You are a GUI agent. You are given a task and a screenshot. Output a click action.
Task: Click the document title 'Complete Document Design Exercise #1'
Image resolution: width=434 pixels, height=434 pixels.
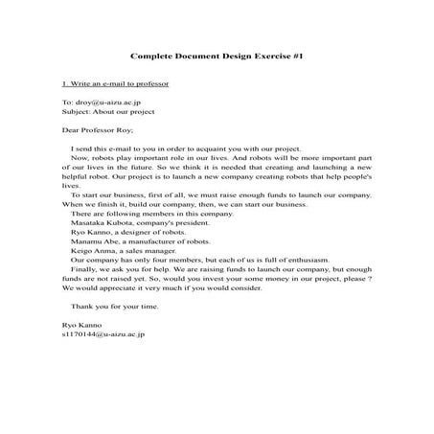point(216,58)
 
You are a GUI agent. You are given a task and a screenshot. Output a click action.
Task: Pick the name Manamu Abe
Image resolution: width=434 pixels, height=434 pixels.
point(92,242)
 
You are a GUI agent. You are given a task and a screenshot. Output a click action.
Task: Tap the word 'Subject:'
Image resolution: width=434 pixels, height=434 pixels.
point(77,110)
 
